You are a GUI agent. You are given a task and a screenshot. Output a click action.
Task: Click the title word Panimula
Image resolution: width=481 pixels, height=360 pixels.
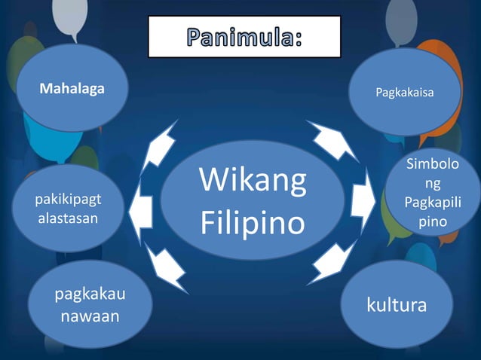coord(244,36)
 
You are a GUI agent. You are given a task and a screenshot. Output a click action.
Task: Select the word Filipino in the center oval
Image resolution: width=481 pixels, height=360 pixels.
coord(253,224)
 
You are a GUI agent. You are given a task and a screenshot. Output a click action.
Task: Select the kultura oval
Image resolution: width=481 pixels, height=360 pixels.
coord(396,304)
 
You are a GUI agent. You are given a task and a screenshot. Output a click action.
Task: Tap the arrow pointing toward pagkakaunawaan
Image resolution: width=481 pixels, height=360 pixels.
coord(167,267)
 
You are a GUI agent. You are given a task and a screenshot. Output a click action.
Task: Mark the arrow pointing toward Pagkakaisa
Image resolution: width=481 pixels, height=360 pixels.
coord(332,140)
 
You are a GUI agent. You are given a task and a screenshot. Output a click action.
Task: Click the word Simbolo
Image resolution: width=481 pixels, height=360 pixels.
coord(429,163)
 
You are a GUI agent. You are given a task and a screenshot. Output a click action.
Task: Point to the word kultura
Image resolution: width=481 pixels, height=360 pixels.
coord(396,305)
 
